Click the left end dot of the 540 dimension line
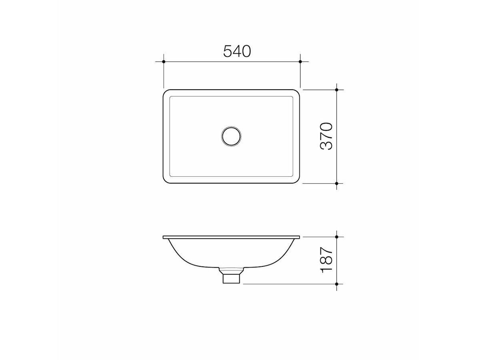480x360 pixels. [x=164, y=62]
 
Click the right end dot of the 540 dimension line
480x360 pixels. [x=300, y=62]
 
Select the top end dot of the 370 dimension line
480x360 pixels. [x=337, y=90]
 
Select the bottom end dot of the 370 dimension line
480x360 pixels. [x=337, y=183]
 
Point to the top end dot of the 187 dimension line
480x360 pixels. [x=337, y=237]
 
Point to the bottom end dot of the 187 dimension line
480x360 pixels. [x=337, y=284]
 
